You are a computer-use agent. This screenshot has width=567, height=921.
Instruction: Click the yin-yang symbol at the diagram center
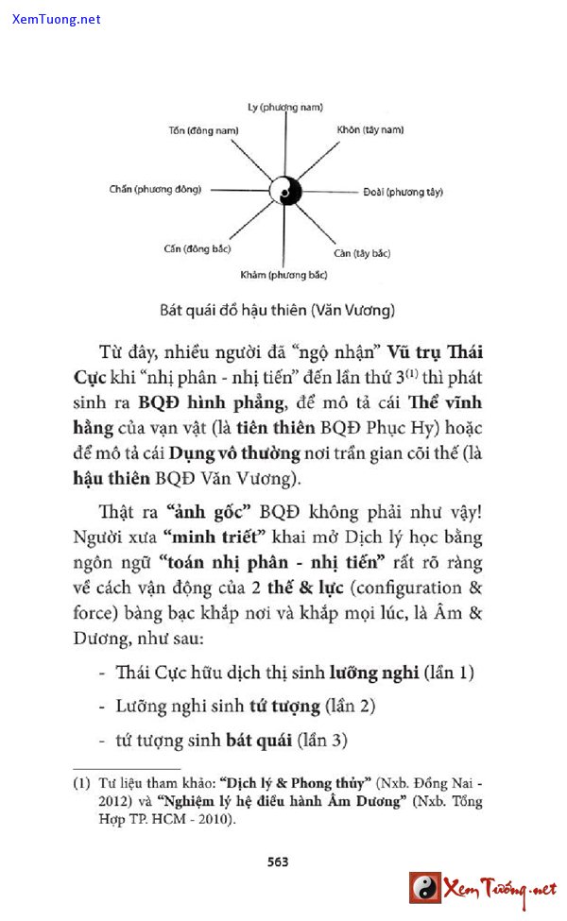click(x=284, y=192)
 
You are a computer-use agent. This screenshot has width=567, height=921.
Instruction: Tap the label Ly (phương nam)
click(x=284, y=108)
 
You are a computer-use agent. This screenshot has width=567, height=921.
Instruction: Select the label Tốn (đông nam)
click(x=203, y=129)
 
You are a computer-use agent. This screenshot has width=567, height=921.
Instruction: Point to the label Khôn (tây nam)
click(x=370, y=129)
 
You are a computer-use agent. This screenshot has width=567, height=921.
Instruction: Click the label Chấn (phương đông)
click(x=155, y=189)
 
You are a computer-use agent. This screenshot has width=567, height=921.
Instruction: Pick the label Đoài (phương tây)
click(x=403, y=192)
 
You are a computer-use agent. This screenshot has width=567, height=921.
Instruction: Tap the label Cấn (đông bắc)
click(x=198, y=248)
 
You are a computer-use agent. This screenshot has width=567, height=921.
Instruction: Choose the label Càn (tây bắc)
click(x=362, y=252)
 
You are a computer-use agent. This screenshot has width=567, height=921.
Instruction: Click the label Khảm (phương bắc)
click(x=283, y=275)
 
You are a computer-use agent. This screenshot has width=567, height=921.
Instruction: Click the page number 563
click(x=278, y=861)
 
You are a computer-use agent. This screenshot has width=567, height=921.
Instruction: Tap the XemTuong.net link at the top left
click(x=57, y=19)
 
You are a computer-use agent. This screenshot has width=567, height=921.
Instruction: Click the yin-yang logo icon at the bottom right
click(x=425, y=888)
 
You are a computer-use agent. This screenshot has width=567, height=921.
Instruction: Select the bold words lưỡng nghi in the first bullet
click(x=373, y=673)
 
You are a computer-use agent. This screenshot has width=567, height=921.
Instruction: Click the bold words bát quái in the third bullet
click(x=258, y=739)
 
